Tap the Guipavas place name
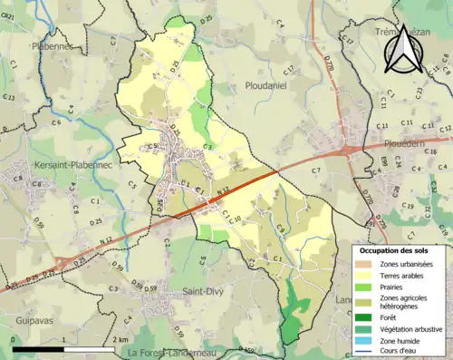pos(29,306)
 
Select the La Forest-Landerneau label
pos(178,353)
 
